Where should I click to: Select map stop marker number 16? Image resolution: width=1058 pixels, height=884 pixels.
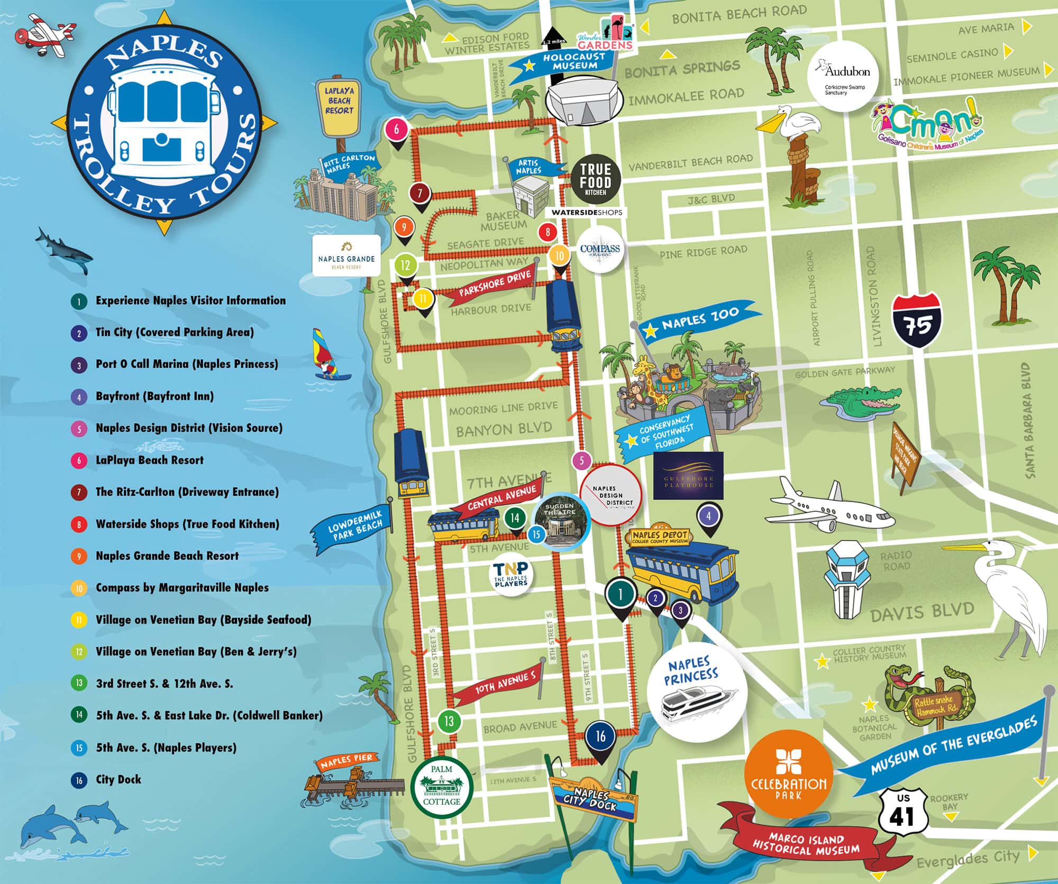point(600,736)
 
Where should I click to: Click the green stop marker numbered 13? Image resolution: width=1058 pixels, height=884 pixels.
point(449,721)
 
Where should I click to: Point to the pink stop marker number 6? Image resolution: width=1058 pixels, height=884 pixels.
point(397,129)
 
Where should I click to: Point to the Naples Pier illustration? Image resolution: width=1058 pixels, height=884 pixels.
point(349,782)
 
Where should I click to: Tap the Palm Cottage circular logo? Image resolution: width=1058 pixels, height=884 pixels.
point(442,789)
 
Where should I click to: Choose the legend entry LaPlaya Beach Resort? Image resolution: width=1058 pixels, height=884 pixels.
point(149,460)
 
